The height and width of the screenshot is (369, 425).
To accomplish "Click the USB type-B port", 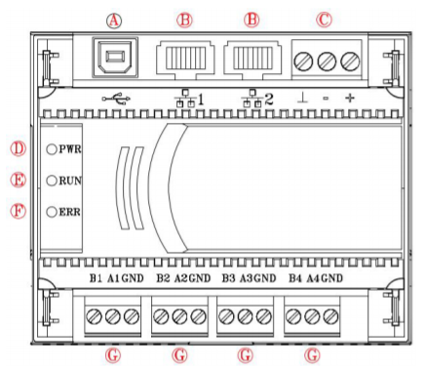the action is [x=115, y=58].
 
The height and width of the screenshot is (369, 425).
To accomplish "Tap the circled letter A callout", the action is [x=114, y=20].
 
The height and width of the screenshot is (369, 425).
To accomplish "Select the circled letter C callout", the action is [x=324, y=20].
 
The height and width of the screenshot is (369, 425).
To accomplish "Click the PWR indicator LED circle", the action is [x=52, y=149].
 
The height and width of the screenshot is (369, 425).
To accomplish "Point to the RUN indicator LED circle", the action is [x=52, y=181].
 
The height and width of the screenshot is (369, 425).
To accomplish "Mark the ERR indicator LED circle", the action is [x=52, y=212].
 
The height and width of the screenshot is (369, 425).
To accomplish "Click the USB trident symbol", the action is [x=116, y=99].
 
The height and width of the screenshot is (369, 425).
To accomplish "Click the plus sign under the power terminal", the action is [x=350, y=98].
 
